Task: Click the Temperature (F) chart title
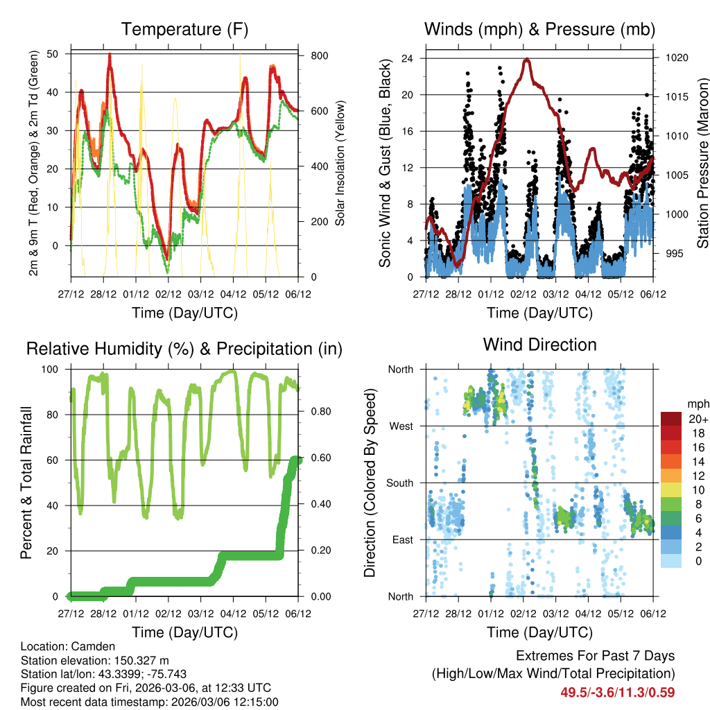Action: pyautogui.click(x=184, y=29)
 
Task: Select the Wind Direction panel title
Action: pyautogui.click(x=539, y=344)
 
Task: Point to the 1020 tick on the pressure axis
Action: pyautogui.click(x=676, y=58)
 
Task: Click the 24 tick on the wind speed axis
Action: pyautogui.click(x=408, y=58)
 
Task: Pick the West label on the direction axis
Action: pyautogui.click(x=400, y=426)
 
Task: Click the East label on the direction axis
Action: pyautogui.click(x=401, y=539)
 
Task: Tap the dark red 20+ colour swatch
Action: pyautogui.click(x=671, y=419)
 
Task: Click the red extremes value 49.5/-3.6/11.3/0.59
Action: pyautogui.click(x=617, y=692)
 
